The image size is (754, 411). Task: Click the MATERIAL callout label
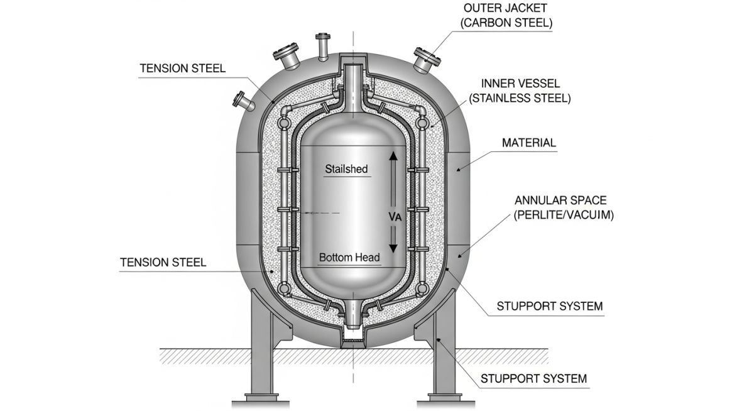(529, 143)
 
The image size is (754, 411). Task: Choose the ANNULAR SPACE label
(560, 200)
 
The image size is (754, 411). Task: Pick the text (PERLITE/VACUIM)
(560, 215)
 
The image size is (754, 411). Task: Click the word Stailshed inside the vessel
(346, 168)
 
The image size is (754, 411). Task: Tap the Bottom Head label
(349, 257)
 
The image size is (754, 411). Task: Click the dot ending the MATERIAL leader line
(459, 168)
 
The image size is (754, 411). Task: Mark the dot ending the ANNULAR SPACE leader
(461, 255)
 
